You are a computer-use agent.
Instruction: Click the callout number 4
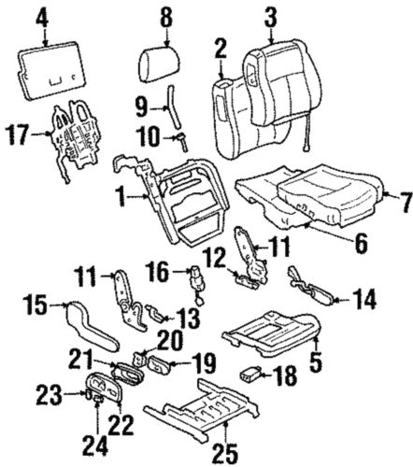pos(42,16)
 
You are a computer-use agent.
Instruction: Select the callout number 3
pos(270,16)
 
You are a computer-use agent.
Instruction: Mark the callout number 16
pos(160,272)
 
